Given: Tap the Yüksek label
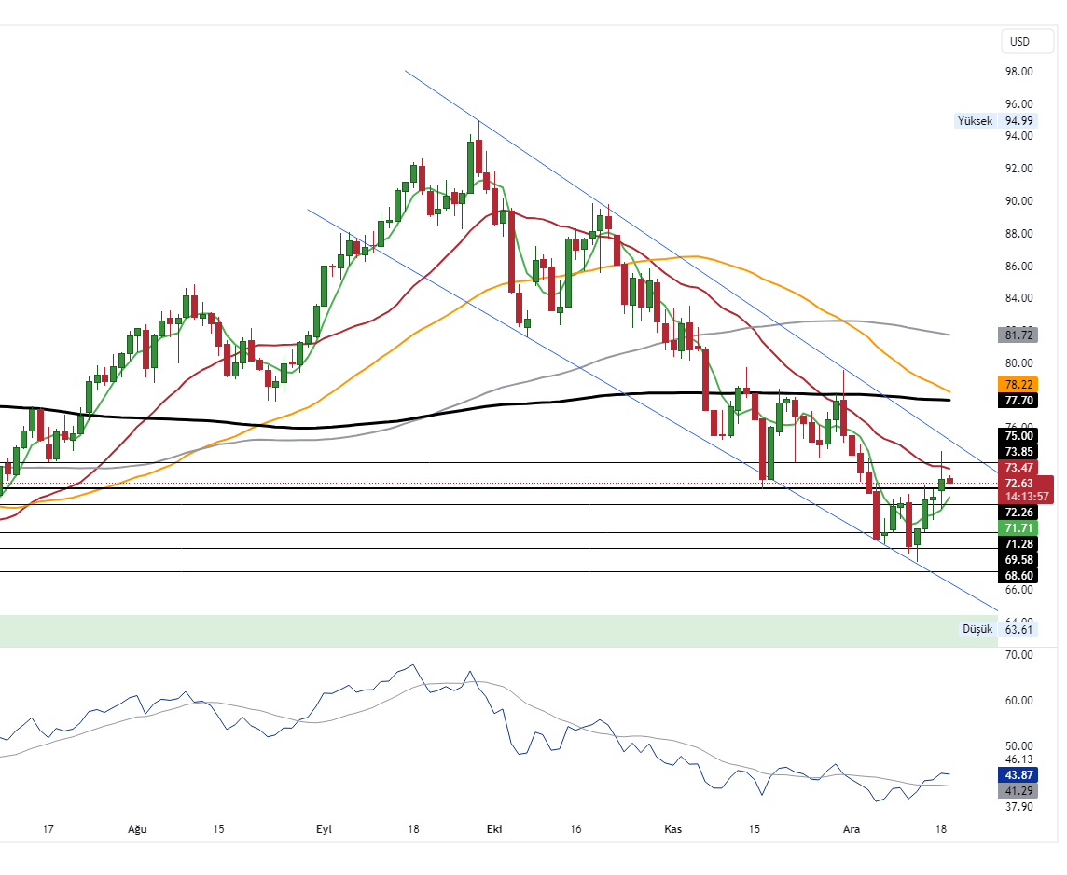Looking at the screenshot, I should [976, 120].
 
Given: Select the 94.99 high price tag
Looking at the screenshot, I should [1019, 120].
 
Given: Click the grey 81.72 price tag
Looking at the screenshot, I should [1018, 335].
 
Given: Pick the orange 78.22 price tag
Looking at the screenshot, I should [1018, 384].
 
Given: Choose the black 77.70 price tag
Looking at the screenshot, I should [1018, 400].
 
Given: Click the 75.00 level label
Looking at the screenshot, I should [1018, 435].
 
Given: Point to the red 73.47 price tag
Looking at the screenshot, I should [1018, 467].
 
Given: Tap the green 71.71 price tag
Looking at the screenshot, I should [1018, 527].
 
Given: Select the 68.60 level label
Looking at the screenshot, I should [1018, 576].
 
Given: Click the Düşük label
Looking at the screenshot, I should [978, 629].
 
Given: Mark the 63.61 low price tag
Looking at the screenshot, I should [1019, 629].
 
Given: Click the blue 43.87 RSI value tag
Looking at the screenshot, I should [1018, 775].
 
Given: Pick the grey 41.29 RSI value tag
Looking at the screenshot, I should [1018, 791].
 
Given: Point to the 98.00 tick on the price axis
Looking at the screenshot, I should [1018, 72].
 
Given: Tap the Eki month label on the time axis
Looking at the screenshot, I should [493, 828].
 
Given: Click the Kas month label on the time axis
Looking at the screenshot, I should [672, 828].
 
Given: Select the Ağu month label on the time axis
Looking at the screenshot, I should [137, 828].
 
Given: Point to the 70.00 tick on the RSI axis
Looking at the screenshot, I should [1018, 655].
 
